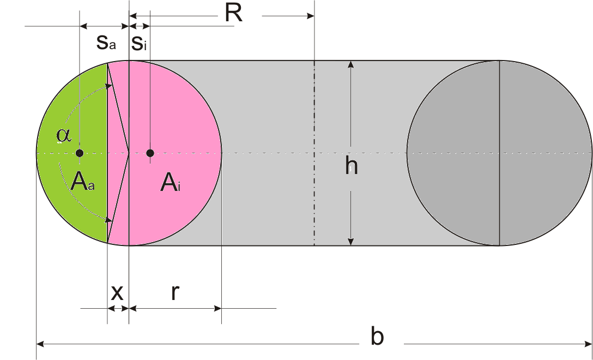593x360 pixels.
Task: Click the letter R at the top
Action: point(233,14)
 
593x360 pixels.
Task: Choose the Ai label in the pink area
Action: point(171,183)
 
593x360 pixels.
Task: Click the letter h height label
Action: point(352,166)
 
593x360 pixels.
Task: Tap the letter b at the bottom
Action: point(377,337)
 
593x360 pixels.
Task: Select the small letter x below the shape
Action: point(117,293)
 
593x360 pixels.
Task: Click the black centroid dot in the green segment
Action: point(80,152)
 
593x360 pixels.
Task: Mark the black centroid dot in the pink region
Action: point(150,152)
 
